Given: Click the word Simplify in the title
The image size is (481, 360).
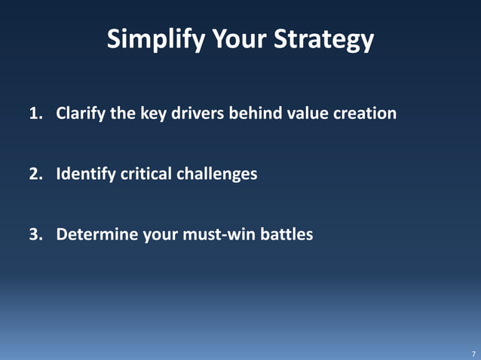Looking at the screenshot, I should pos(151,39).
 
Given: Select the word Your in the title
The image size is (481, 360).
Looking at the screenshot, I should pos(237,39).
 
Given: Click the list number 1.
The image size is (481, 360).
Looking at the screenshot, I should pos(35,114).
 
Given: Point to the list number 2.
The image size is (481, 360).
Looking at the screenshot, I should pos(35,174).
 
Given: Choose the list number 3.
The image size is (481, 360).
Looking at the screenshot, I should pos(35,234).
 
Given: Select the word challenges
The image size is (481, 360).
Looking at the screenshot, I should pos(216,174).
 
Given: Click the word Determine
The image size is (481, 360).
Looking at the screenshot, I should pos(96,234).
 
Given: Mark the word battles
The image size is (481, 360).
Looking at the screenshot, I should pos(286,234).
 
